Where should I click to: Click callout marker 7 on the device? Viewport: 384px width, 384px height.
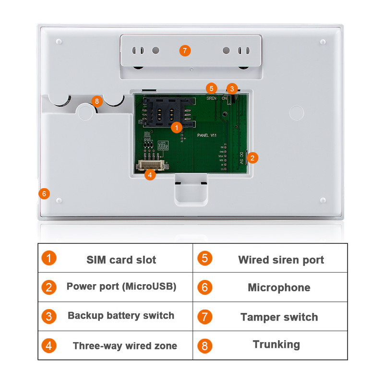(x=185, y=50)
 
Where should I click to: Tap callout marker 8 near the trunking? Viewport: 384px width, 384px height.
(x=97, y=101)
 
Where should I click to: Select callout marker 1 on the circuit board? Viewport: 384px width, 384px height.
(x=176, y=127)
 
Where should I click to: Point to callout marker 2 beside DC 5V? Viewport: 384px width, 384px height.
(x=253, y=157)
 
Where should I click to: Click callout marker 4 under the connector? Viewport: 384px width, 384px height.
(x=150, y=175)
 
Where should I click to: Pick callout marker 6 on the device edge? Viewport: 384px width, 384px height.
(x=44, y=193)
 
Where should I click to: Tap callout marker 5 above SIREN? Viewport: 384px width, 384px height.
(x=211, y=88)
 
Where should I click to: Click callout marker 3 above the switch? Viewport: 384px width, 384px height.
(x=232, y=88)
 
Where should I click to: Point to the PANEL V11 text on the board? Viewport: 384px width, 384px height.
(x=207, y=136)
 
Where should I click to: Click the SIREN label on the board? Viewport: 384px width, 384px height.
(x=211, y=98)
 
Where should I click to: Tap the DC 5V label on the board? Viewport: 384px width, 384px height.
(x=241, y=158)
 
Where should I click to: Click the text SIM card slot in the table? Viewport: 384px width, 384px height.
(x=121, y=260)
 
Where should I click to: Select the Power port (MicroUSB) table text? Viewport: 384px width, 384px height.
(x=121, y=287)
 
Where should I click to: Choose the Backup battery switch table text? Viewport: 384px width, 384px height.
(x=121, y=315)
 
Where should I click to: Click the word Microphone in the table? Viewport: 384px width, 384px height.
(x=279, y=288)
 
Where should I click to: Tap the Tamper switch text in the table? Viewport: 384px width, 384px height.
(x=279, y=317)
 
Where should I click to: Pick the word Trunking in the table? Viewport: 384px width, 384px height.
(x=276, y=344)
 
